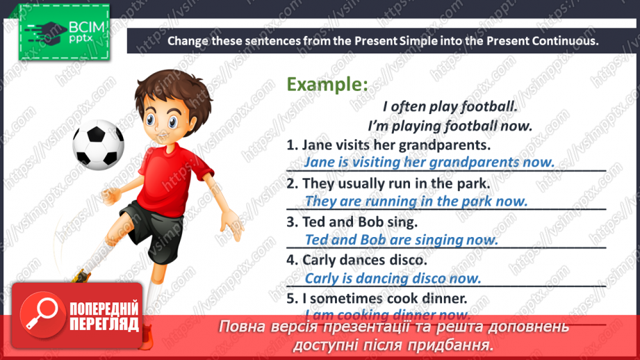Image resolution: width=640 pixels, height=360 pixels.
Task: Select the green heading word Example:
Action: pos(327,85)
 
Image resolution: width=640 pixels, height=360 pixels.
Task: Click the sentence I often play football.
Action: pos(450,107)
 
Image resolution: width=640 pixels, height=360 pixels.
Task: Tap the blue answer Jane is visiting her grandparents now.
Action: pos(429,163)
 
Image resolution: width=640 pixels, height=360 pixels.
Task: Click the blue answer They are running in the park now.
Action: pos(416,202)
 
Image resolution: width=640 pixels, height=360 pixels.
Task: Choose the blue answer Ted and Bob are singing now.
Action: pos(402,240)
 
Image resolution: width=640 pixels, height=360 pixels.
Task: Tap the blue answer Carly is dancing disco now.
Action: pos(393,279)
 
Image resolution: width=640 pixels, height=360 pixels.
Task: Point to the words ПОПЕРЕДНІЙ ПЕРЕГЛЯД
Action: pos(105,316)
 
